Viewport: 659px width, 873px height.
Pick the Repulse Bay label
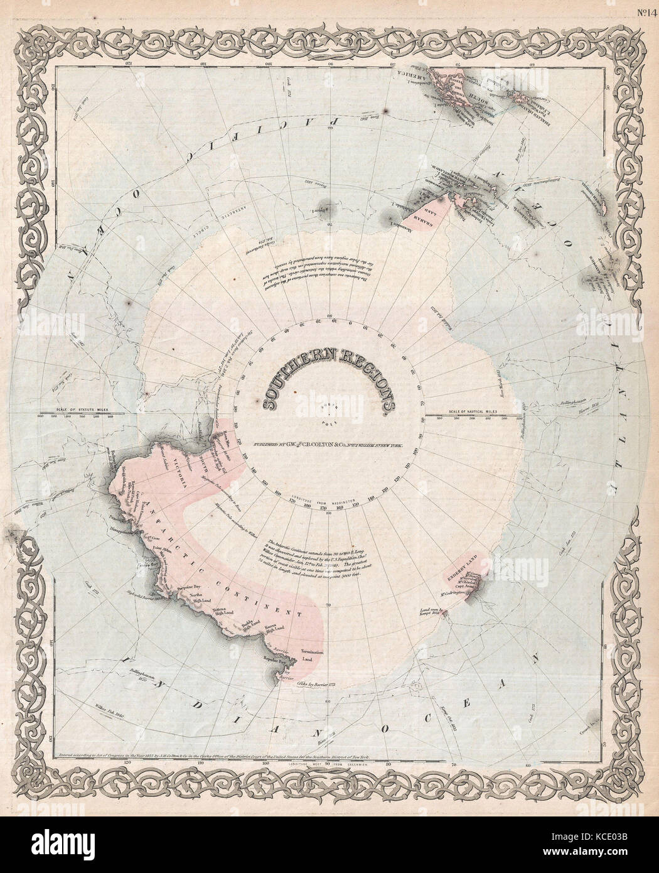281,661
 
